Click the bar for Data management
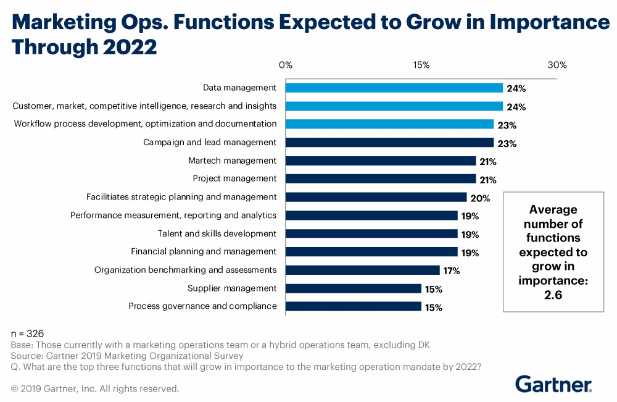tap(394, 88)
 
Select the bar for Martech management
tap(380, 161)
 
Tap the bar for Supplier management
tap(353, 288)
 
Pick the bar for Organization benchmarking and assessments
tap(362, 270)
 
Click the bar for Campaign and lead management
tap(389, 143)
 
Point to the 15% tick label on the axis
tap(421, 65)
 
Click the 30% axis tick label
tap(557, 65)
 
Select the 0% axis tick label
tap(285, 65)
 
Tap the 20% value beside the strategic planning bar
tap(480, 198)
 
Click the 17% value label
tap(452, 271)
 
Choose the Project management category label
tap(234, 178)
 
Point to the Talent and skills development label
tap(217, 233)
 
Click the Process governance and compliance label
tap(202, 306)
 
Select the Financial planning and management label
tap(204, 251)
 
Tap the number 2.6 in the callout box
tap(553, 294)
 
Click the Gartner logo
tap(553, 383)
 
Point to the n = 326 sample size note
tap(28, 333)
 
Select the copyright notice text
tap(95, 389)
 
